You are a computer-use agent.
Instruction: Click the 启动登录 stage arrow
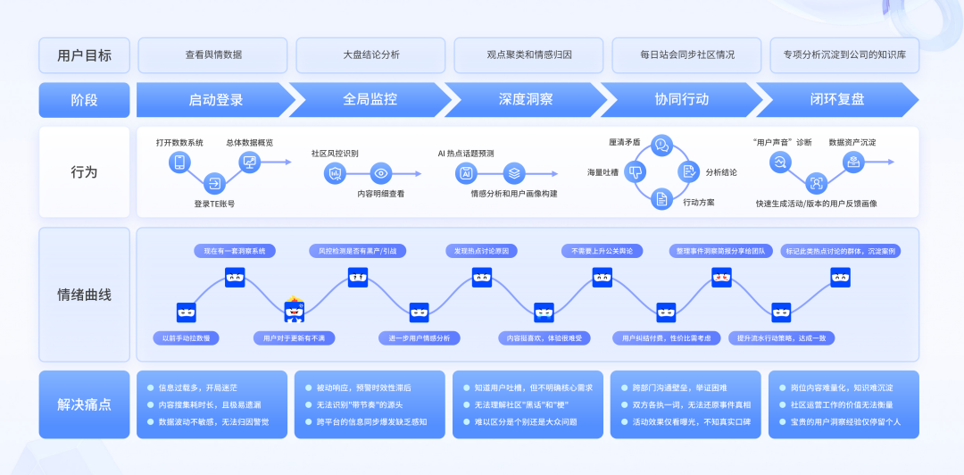215,99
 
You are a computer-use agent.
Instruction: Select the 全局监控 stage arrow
370,99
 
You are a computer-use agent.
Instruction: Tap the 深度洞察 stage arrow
526,99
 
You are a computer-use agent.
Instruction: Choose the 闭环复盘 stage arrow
836,99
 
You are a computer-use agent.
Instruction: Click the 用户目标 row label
84,54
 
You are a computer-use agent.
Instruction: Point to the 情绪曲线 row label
84,295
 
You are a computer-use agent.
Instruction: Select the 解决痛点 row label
84,404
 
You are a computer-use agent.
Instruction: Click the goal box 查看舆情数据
213,54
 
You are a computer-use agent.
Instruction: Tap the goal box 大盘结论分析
370,54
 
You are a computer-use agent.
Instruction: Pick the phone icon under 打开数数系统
179,162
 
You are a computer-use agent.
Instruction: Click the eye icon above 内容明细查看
381,174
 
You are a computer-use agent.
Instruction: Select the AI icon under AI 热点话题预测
465,173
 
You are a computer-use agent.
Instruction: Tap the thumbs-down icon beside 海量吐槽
636,171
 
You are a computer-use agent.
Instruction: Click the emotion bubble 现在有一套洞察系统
235,251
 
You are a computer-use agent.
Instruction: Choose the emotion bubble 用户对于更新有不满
295,338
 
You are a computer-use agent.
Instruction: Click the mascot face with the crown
295,310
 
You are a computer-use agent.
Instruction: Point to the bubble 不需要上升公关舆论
602,251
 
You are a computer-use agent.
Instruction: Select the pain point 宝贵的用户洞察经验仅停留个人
846,421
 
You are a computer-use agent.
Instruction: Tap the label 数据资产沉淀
852,142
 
